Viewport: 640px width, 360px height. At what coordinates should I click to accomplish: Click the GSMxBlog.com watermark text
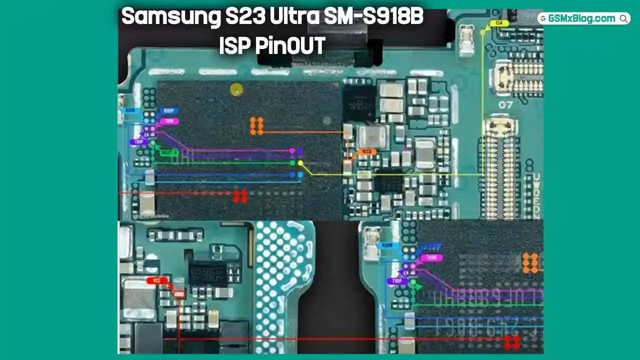[581, 18]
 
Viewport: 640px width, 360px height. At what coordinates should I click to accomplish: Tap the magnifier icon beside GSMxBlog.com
[624, 19]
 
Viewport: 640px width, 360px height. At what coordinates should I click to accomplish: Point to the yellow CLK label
[499, 23]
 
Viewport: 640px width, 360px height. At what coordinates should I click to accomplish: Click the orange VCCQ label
[366, 151]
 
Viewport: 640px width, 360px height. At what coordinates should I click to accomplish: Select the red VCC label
[157, 281]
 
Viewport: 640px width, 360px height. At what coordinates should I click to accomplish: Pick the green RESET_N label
[169, 152]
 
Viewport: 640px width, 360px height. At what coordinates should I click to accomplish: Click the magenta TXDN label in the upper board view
[168, 121]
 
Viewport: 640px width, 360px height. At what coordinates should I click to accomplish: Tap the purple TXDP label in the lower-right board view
[397, 281]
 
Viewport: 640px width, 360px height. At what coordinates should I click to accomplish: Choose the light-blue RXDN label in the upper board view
[130, 110]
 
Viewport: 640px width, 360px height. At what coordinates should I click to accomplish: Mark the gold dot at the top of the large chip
[236, 89]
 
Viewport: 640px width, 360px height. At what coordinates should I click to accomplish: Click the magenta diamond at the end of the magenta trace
[292, 150]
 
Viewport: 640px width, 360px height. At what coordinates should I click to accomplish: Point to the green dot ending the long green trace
[292, 163]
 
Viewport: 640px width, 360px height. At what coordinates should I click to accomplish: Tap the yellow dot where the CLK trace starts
[300, 163]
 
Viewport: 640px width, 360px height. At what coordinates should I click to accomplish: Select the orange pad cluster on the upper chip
[256, 126]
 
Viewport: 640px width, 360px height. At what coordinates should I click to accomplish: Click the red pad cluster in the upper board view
[240, 196]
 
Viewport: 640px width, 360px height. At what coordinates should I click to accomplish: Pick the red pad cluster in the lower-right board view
[511, 342]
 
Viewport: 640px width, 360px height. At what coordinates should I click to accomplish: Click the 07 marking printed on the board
[505, 105]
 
